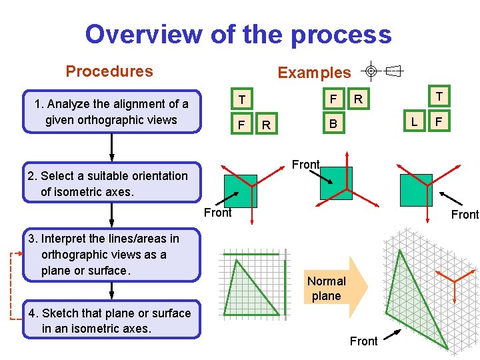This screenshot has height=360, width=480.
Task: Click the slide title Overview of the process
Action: [238, 34]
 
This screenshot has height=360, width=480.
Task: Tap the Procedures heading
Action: [109, 71]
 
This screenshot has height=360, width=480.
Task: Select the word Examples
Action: [314, 73]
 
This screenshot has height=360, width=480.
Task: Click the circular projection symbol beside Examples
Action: [372, 71]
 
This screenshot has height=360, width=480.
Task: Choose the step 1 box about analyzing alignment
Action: [111, 112]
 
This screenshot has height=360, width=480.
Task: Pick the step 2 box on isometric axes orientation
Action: [111, 183]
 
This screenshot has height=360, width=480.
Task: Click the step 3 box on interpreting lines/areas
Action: [111, 255]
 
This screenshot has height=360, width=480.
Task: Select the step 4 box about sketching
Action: [111, 320]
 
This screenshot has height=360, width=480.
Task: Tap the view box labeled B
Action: [333, 124]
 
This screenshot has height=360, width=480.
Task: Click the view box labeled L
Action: [415, 122]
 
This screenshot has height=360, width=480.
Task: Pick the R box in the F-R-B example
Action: [358, 100]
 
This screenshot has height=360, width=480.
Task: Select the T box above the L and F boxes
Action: [439, 97]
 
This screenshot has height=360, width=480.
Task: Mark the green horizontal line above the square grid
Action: [251, 254]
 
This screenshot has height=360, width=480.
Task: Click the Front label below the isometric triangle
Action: [363, 341]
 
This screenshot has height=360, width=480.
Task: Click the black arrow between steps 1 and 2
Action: [111, 147]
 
